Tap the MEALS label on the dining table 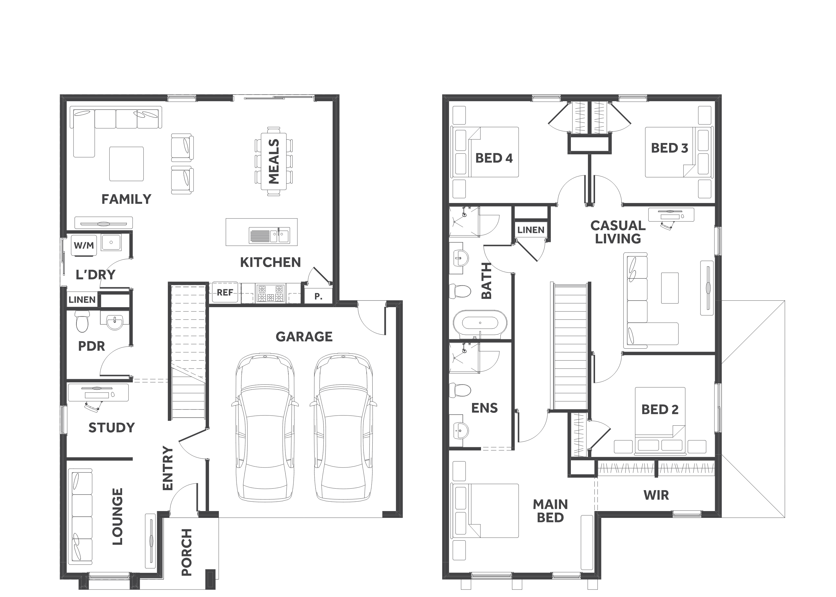[274, 161]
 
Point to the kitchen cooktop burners [271, 293]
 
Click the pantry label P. [318, 296]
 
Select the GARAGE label [304, 337]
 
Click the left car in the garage [265, 427]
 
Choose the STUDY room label [111, 427]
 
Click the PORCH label [187, 552]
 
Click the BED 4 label [494, 158]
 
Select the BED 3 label [669, 148]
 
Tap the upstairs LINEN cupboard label [531, 230]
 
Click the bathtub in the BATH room [480, 323]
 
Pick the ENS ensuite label [484, 408]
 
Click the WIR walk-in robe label [656, 495]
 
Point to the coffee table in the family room [127, 164]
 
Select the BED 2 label [660, 410]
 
